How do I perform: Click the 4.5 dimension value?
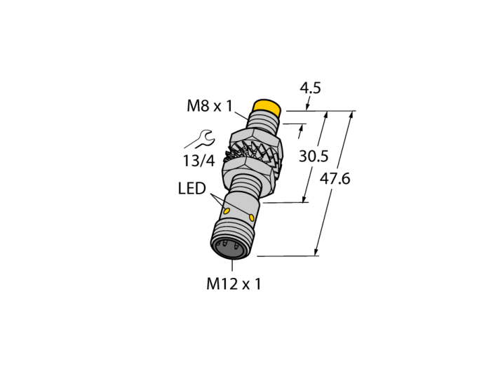point(310,88)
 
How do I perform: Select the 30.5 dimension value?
point(314,156)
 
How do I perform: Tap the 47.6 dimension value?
point(335,179)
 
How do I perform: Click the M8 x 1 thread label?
point(210,106)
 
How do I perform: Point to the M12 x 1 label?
point(234,284)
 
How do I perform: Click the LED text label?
point(192,189)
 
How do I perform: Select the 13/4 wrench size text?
point(199,161)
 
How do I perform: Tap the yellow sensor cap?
point(267,107)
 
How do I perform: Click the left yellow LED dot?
point(227,211)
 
